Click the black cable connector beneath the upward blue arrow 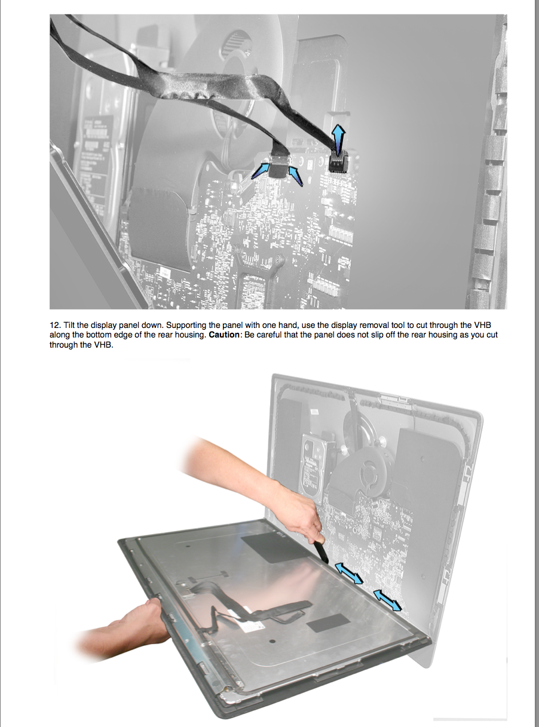tap(339, 162)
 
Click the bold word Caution tap(224, 335)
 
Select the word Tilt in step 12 tap(69, 326)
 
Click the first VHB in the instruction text tap(483, 326)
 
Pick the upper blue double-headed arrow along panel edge tap(349, 573)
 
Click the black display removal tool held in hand tap(321, 551)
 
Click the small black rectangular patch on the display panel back tap(327, 622)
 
